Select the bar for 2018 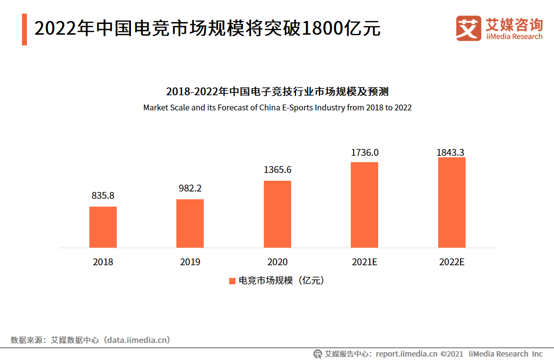[x=103, y=227]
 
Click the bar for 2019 [x=190, y=223]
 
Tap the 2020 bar [x=277, y=214]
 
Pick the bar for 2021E [x=364, y=205]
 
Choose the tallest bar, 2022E [x=451, y=202]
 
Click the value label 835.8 [x=103, y=195]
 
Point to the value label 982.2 [x=190, y=188]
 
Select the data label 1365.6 [x=277, y=169]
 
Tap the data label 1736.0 [x=364, y=152]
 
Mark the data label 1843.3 [x=450, y=152]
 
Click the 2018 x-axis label [x=103, y=262]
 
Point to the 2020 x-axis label [x=277, y=262]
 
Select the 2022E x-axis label [x=451, y=262]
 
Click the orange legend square [x=233, y=281]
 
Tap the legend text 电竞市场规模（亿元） [x=281, y=281]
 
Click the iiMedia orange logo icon [x=468, y=29]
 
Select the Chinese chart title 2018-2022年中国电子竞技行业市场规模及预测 [x=277, y=92]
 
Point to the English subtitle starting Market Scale [x=277, y=107]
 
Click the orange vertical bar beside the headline [x=24, y=29]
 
